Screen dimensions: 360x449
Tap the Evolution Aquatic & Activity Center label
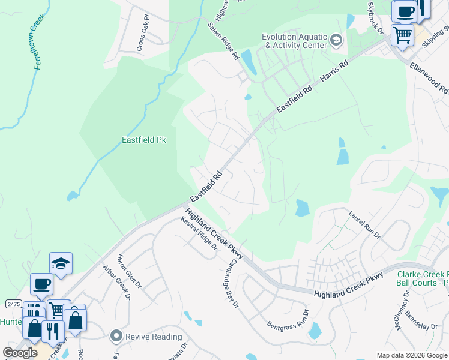pos(294,41)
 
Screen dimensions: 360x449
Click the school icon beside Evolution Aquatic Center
pos(336,41)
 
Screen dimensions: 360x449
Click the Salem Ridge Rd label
pos(223,41)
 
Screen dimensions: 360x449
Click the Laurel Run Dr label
pos(365,224)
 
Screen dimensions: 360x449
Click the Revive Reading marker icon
pos(116,336)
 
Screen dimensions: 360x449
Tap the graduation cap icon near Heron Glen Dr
pos(61,263)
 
